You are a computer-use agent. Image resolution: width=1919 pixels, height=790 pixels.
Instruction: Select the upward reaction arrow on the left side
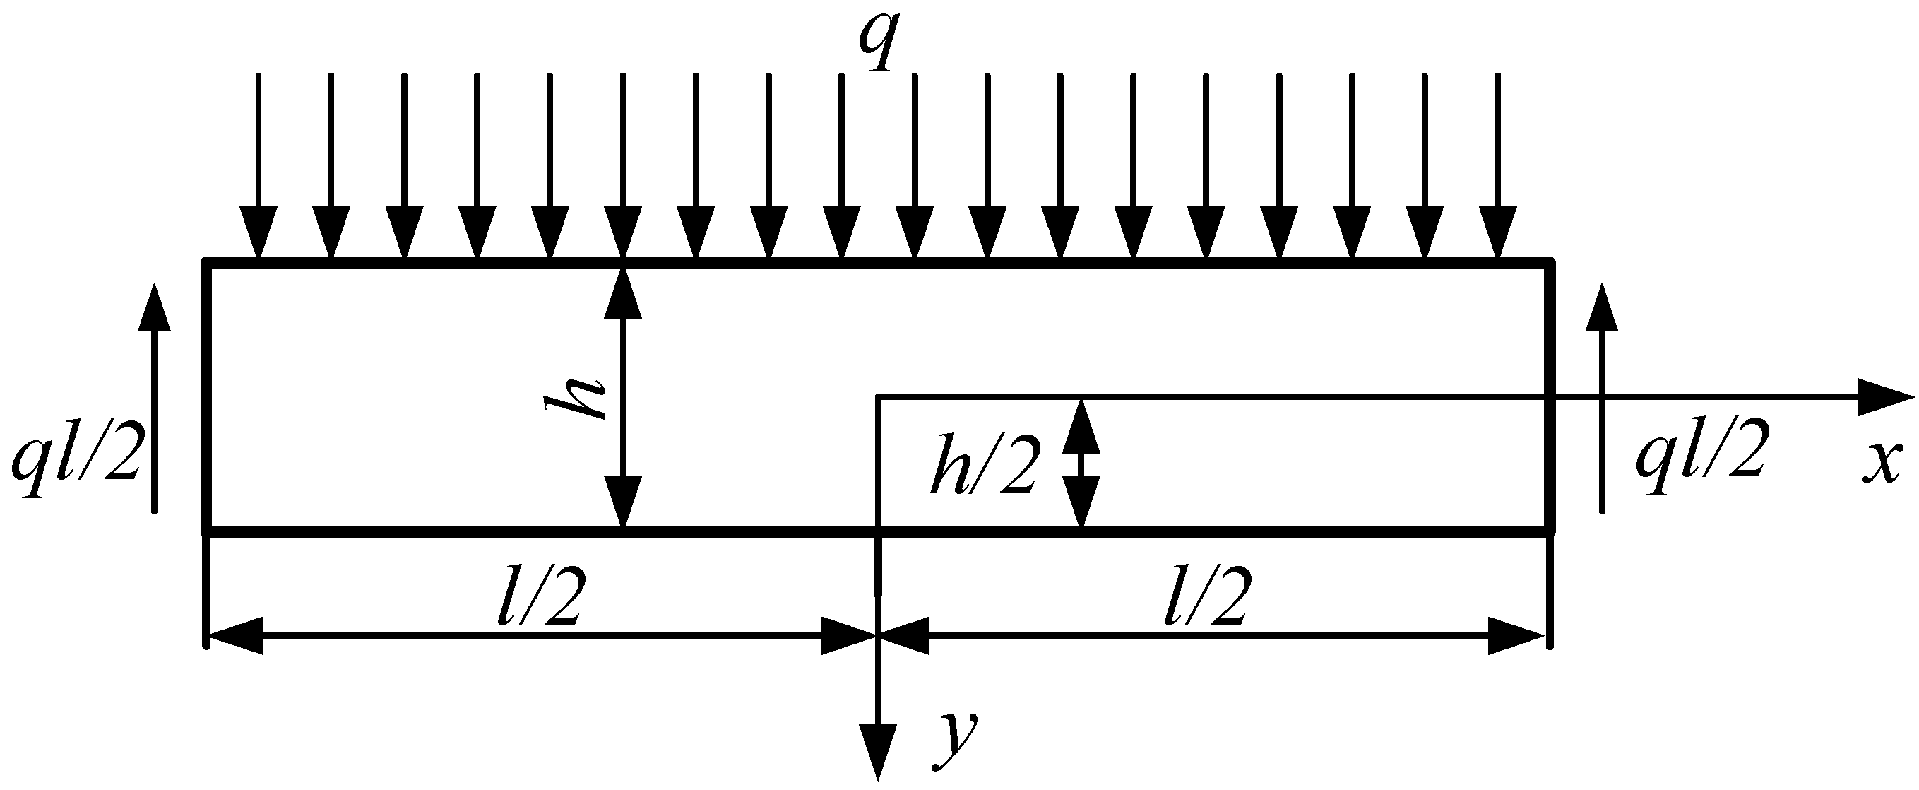(154, 399)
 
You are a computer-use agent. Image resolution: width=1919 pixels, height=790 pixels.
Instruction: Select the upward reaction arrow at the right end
(1603, 399)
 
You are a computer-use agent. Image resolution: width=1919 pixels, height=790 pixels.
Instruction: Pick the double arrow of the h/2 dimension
(1081, 464)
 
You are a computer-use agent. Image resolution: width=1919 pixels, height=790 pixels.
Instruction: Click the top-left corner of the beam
(207, 261)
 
